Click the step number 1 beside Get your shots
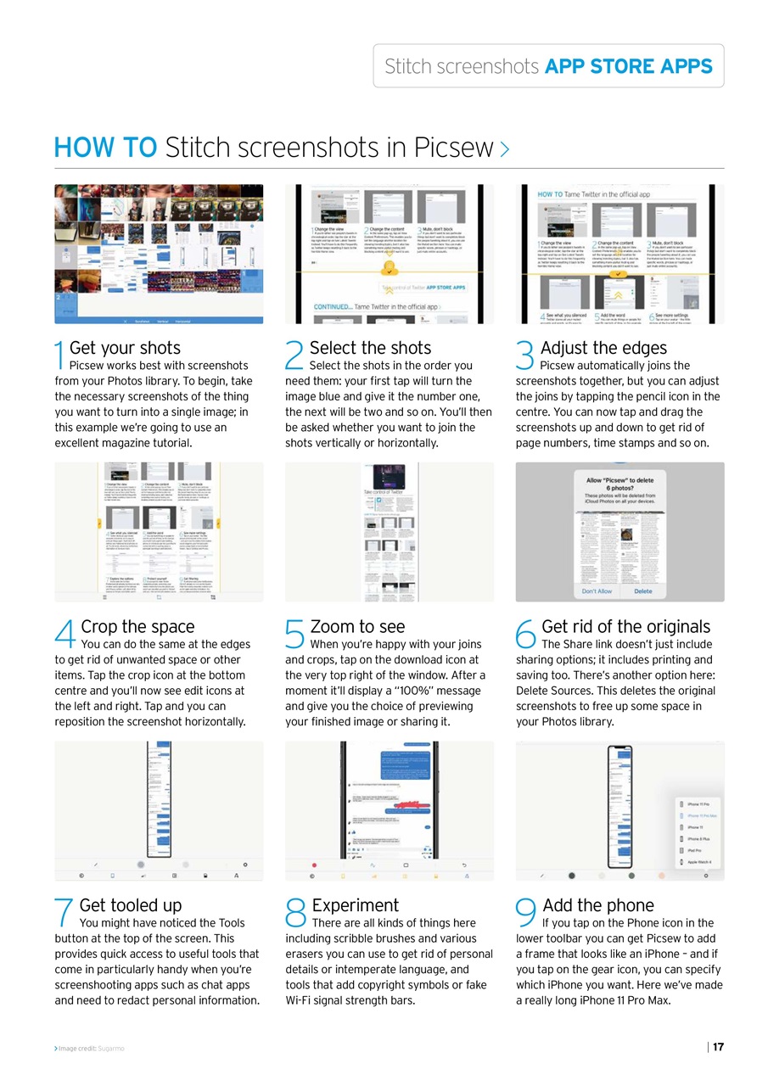click(60, 356)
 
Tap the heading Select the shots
click(370, 348)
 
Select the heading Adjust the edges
click(603, 348)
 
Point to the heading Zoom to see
click(357, 627)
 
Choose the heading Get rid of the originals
click(625, 627)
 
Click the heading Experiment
click(355, 905)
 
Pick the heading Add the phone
click(598, 905)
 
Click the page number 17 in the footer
click(718, 1047)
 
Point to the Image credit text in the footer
click(90, 1049)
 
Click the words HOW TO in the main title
click(105, 148)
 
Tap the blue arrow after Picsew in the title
click(505, 150)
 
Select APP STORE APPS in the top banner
click(628, 66)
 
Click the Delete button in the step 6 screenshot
click(643, 591)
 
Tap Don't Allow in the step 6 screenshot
click(597, 591)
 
